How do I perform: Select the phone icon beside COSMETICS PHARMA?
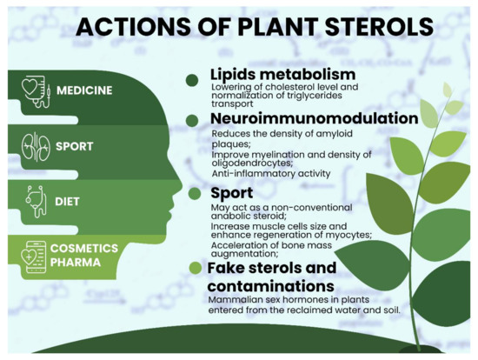coord(35,257)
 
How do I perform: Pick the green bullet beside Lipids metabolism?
coord(192,80)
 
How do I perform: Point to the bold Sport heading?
coord(231,192)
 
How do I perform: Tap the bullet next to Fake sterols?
coord(195,267)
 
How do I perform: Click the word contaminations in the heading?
coord(270,285)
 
